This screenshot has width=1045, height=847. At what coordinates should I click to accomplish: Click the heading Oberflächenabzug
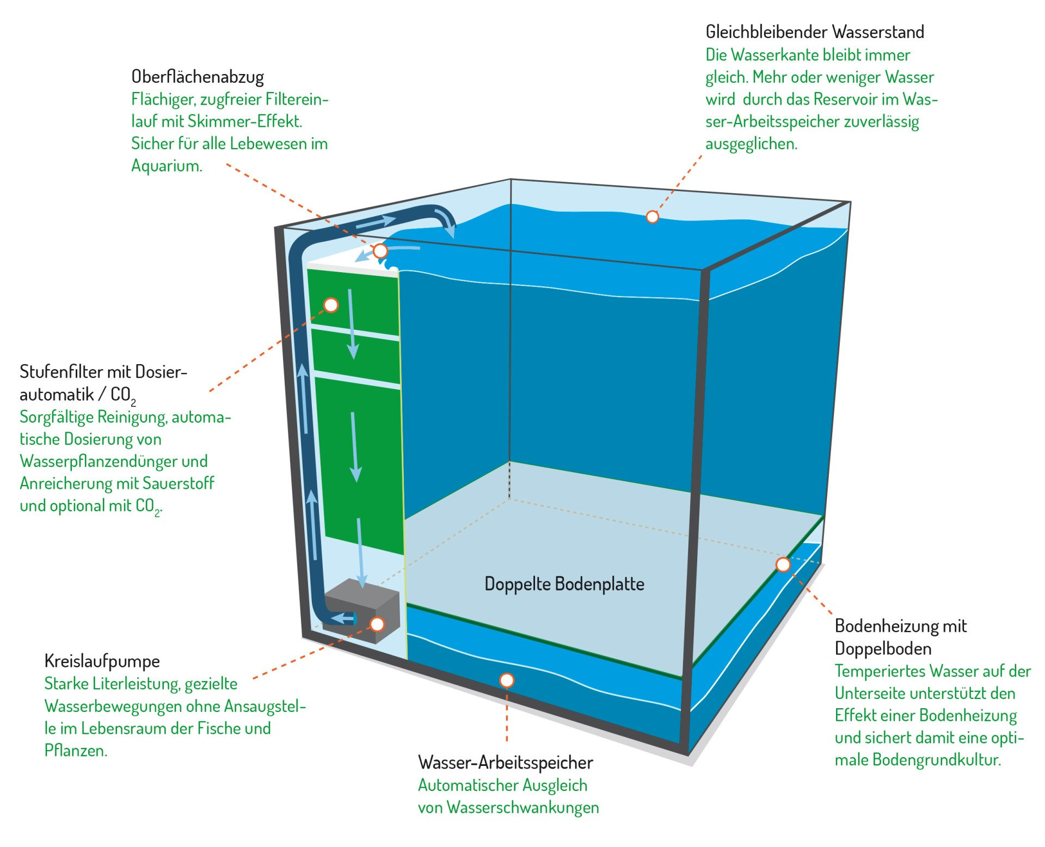(x=198, y=77)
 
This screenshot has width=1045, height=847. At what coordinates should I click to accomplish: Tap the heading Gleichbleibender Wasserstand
(x=814, y=32)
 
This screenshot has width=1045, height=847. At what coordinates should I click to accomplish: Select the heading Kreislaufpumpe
(x=102, y=661)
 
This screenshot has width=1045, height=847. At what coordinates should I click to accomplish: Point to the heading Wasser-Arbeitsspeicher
(x=505, y=763)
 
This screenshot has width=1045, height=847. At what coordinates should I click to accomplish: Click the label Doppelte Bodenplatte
(x=564, y=584)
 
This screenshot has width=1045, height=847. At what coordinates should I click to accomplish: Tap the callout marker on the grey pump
(x=377, y=624)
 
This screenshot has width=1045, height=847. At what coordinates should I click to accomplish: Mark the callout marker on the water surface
(x=652, y=217)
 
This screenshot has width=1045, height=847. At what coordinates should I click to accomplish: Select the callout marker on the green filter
(x=331, y=305)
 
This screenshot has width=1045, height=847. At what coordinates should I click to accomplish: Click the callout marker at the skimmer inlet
(x=380, y=251)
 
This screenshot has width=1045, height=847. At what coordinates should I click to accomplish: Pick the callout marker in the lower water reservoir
(x=507, y=680)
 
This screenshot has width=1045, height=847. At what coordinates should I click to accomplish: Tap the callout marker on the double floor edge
(x=783, y=564)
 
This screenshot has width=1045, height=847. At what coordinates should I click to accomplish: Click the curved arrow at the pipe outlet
(x=447, y=222)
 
